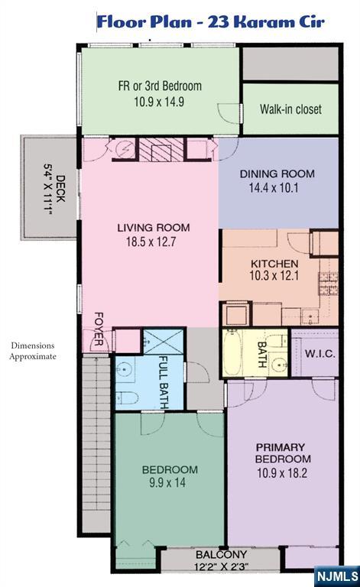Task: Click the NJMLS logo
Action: pos(337,576)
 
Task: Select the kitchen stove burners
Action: pos(328,284)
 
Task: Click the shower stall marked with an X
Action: pos(164,342)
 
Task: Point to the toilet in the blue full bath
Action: pos(127,397)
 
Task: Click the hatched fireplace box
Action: pos(161,150)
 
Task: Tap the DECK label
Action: pos(60,189)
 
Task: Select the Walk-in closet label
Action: pos(290,109)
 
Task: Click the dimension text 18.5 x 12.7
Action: pos(151,242)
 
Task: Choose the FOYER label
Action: pos(99,329)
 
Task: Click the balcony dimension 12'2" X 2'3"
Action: pos(221,566)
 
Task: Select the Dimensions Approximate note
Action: pos(33,351)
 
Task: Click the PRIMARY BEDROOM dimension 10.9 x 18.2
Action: pos(282,473)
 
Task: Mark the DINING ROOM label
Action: pos(277,174)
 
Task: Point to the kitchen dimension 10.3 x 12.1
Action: pos(274,276)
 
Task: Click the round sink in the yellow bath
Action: pos(278,365)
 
